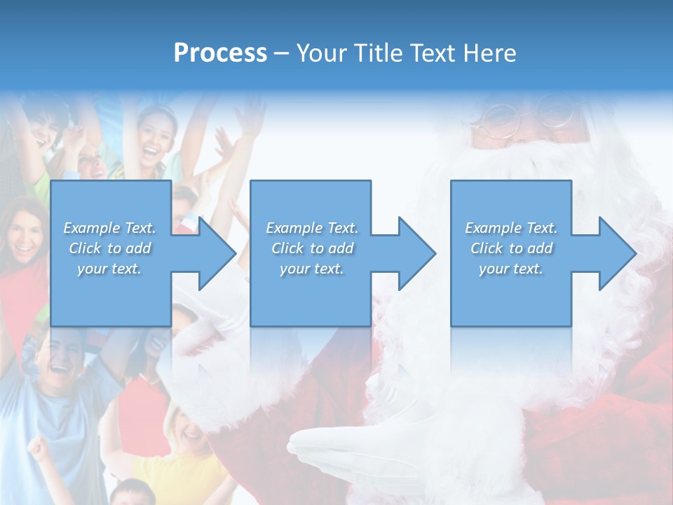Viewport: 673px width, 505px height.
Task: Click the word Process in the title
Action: click(220, 53)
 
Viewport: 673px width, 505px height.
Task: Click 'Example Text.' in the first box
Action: click(109, 228)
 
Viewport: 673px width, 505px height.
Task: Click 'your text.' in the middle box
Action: click(311, 269)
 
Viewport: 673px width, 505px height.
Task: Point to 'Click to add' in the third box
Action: click(511, 248)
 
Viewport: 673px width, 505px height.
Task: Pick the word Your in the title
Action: click(322, 53)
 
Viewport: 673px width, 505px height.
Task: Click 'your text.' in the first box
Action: click(109, 269)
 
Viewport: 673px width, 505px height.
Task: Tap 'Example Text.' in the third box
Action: click(511, 228)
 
